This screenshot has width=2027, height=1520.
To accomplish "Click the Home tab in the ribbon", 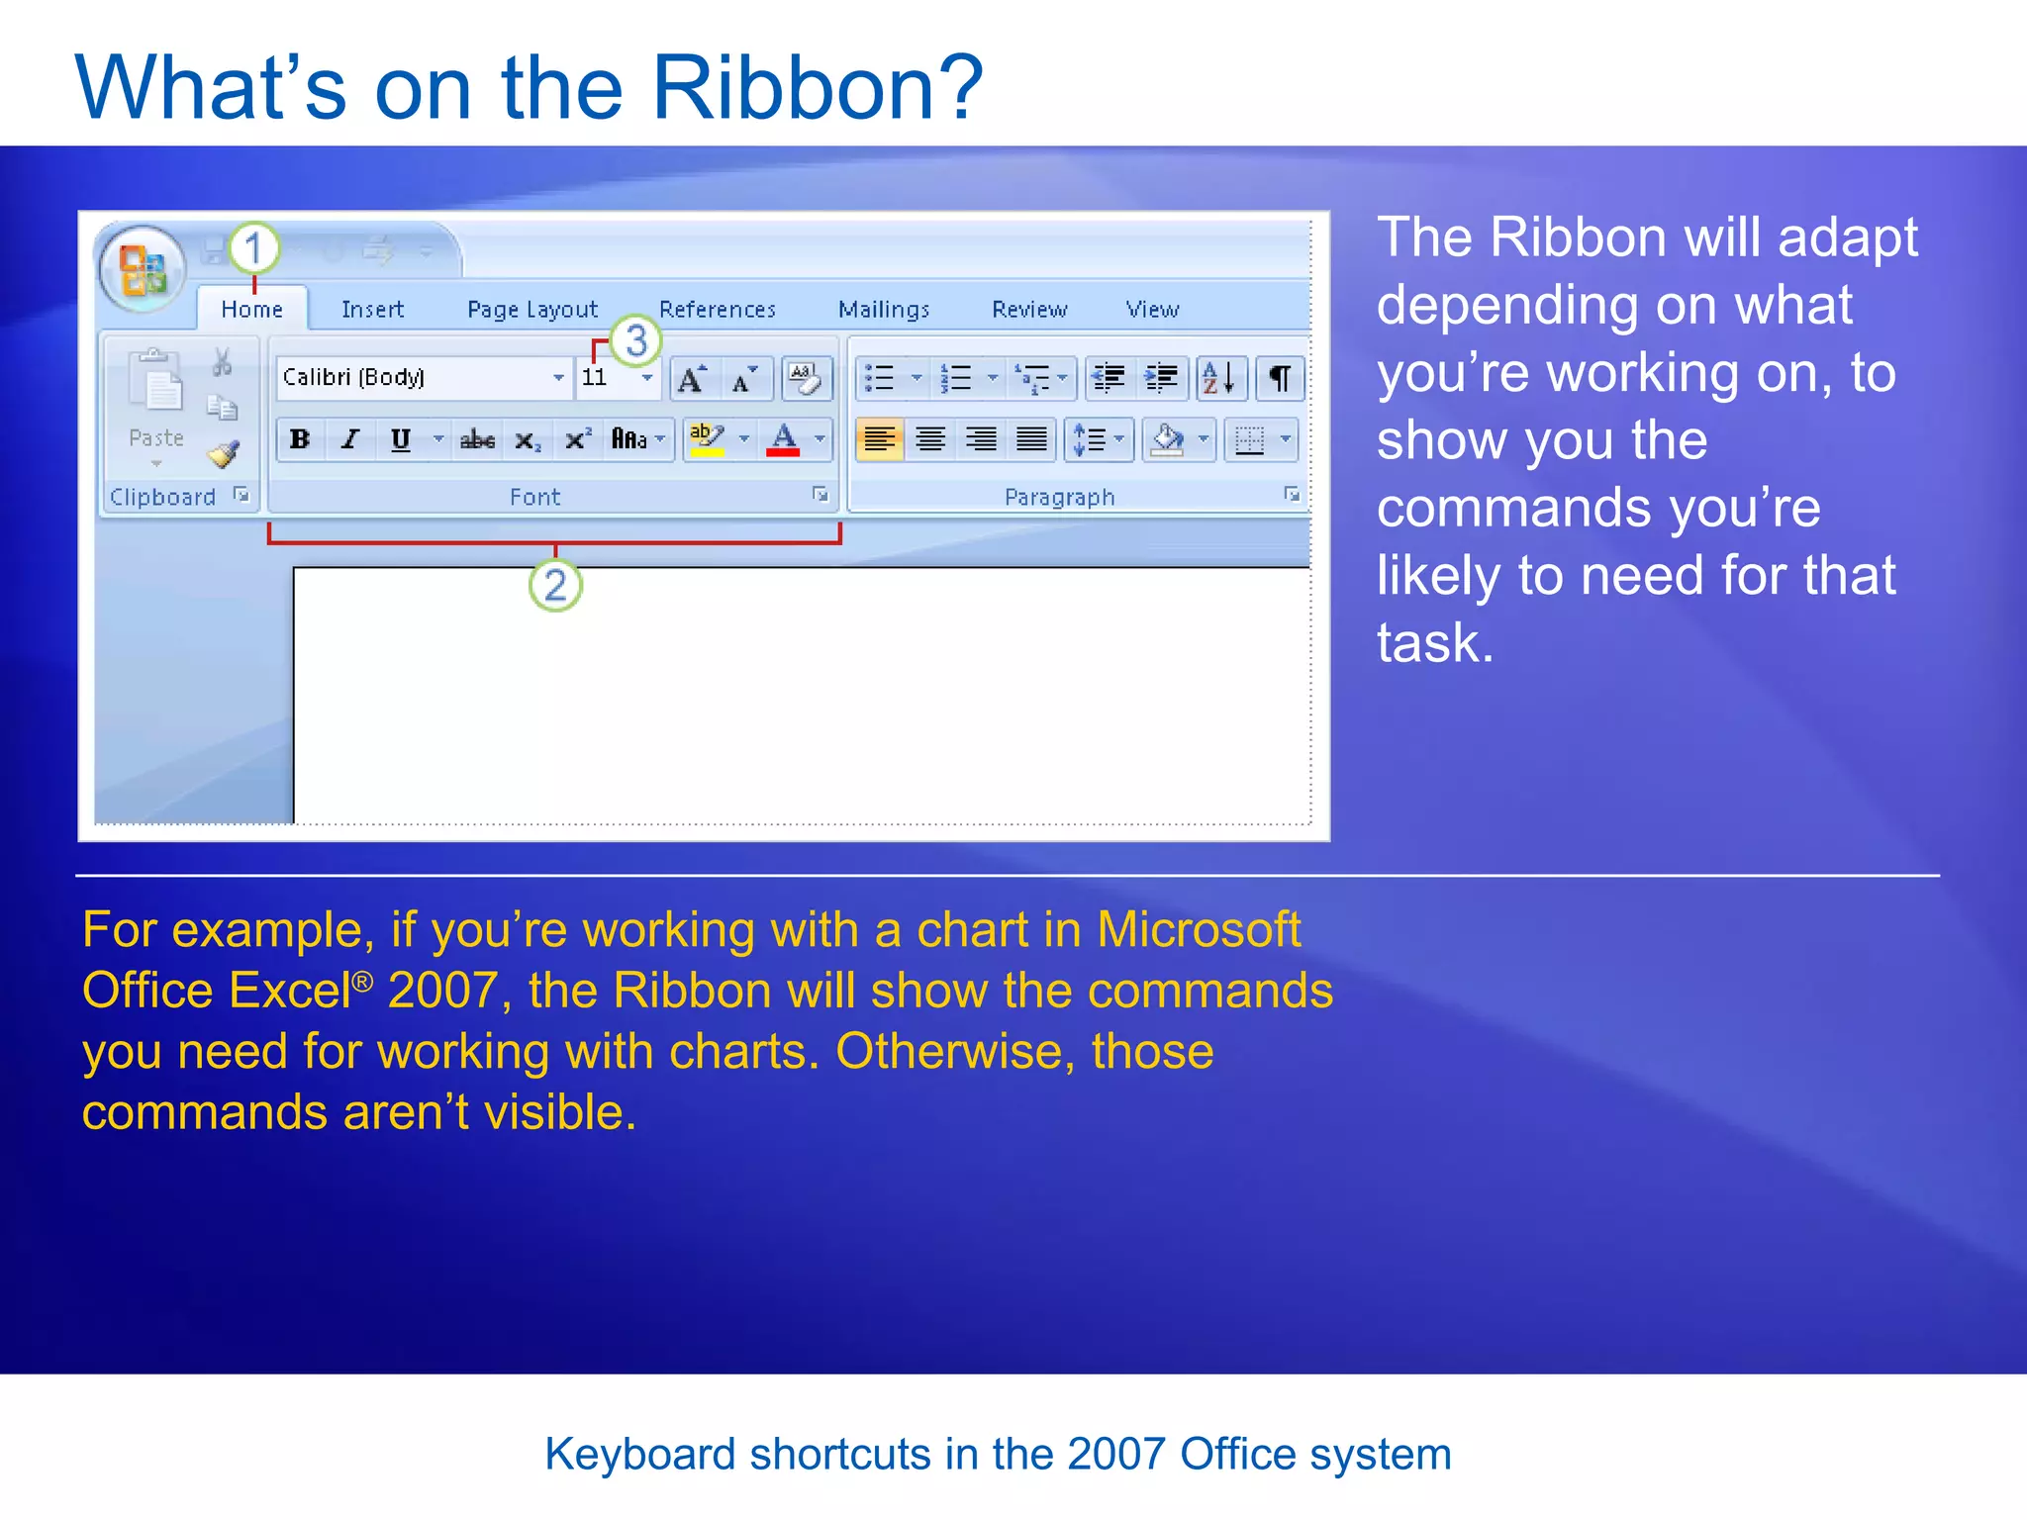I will pyautogui.click(x=251, y=310).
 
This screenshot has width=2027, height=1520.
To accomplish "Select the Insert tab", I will pyautogui.click(x=372, y=310).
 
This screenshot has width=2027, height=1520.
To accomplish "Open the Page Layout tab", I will pyautogui.click(x=532, y=310).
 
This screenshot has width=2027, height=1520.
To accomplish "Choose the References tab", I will pyautogui.click(x=717, y=310).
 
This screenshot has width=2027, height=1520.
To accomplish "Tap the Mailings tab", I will pyautogui.click(x=883, y=310).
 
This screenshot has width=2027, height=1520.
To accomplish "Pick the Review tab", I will pyautogui.click(x=1029, y=310).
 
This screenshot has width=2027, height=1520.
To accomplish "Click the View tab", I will pyautogui.click(x=1152, y=310).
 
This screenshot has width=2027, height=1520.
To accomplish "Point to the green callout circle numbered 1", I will pyautogui.click(x=254, y=247).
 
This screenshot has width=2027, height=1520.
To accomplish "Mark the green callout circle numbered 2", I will pyautogui.click(x=555, y=585).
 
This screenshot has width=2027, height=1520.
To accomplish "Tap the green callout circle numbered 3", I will pyautogui.click(x=635, y=340).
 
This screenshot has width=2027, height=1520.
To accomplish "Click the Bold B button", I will pyautogui.click(x=300, y=439).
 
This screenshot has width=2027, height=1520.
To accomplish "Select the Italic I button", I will pyautogui.click(x=349, y=439).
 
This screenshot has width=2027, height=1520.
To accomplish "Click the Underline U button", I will pyautogui.click(x=401, y=439).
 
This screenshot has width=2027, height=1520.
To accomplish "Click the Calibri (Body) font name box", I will pyautogui.click(x=416, y=377).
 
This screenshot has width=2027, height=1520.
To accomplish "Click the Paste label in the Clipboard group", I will pyautogui.click(x=156, y=437).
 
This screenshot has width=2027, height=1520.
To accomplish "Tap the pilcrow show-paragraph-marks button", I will pyautogui.click(x=1280, y=378).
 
